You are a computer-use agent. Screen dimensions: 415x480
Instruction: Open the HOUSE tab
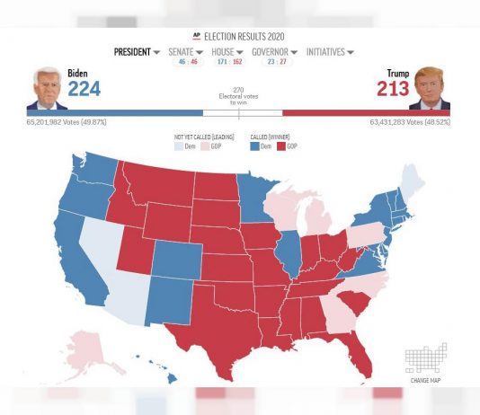pos(226,52)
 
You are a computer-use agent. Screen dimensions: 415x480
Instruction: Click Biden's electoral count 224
pos(84,88)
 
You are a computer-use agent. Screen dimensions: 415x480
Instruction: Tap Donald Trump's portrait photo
pos(431,89)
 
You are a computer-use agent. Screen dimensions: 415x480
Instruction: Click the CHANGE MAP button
pos(425,363)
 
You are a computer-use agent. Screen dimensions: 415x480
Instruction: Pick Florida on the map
pos(357,355)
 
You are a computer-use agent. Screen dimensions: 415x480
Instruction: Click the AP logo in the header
pos(197,34)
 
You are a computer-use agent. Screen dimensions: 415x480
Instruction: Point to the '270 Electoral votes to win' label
pos(238,96)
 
